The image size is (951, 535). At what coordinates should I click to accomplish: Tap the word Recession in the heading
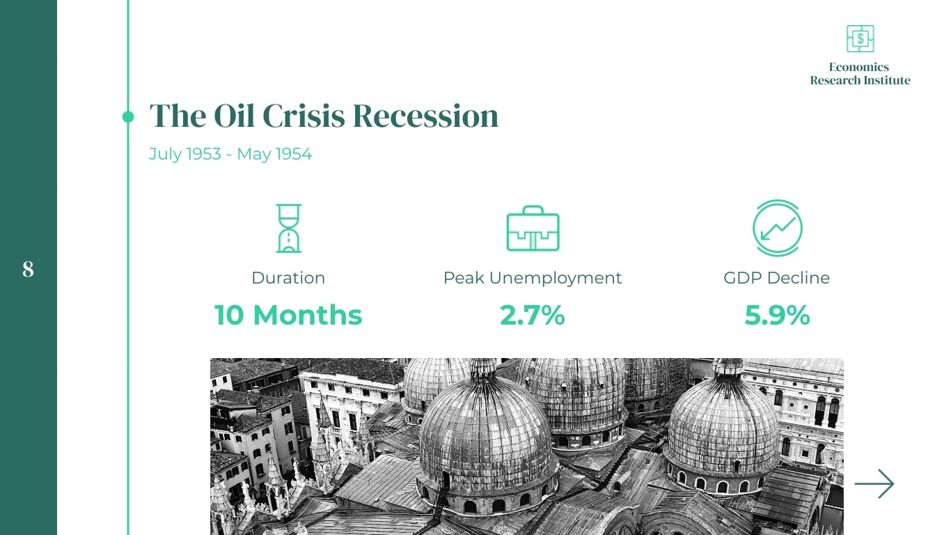pos(425,116)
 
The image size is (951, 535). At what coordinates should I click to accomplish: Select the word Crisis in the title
pos(304,116)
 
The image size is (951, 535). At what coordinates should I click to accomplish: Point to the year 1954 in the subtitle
pos(293,154)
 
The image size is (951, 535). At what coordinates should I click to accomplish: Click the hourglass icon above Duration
pos(289,228)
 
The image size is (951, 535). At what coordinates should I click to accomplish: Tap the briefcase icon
pos(533,228)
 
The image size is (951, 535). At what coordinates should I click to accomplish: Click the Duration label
pos(288,278)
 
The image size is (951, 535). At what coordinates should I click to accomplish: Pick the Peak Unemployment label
pos(533,279)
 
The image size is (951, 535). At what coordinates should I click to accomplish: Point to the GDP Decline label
pos(776,278)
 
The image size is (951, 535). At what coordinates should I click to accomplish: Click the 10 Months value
pos(288,316)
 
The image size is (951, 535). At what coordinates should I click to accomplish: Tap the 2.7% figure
pos(533,316)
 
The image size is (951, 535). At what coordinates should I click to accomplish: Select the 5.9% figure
pos(777,316)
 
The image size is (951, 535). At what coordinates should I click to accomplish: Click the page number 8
pos(28,269)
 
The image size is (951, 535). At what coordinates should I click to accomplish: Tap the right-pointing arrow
pos(874,483)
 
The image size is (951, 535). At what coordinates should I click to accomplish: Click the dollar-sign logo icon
pos(860,39)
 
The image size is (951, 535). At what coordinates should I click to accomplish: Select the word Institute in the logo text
pos(887,80)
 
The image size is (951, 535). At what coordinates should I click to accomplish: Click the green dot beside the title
pos(128,116)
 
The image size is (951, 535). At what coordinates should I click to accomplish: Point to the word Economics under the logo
pos(859,67)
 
